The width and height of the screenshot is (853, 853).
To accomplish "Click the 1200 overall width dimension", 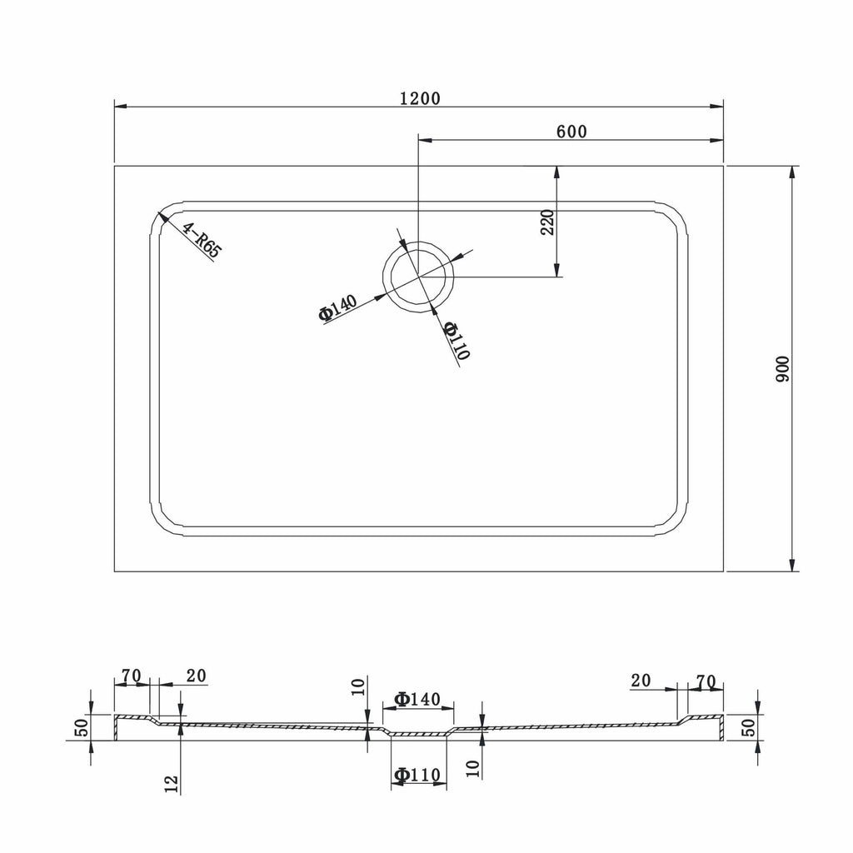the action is point(420,98).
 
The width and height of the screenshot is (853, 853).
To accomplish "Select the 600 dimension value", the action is point(571,132).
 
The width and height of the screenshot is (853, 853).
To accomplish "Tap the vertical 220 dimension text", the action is point(547,222).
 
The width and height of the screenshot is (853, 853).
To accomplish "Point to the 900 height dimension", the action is point(781,369).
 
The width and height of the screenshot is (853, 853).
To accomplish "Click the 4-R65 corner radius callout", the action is point(202,241).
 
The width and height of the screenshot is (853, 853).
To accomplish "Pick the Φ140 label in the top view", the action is point(338,307).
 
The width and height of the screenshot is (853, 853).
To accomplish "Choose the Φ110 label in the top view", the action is point(456,341).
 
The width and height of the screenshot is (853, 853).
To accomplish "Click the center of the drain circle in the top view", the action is point(418,277).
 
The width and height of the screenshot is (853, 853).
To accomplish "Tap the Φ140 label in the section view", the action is point(417,699).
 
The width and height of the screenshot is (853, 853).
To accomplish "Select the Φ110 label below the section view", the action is point(417,774).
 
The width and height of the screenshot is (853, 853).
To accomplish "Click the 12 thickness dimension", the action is point(172,784).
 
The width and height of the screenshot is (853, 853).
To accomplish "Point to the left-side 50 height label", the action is point(82,727).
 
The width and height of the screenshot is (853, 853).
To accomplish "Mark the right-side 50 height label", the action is point(749,727).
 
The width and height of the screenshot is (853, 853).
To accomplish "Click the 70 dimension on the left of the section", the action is point(131,676).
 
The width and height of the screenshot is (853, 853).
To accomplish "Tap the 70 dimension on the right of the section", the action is point(706,681).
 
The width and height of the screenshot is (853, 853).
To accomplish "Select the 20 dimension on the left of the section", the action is point(197,676).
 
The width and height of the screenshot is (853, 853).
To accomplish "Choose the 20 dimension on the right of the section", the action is point(641,681).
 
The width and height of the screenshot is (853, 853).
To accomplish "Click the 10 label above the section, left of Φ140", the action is point(358,687).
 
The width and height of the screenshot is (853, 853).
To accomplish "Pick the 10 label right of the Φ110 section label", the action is point(473,767).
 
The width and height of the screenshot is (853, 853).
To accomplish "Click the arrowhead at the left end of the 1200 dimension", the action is point(121,107).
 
